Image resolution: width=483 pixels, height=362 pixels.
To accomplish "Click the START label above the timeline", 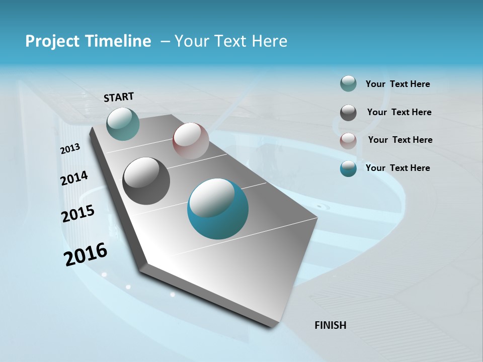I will pos(119,97).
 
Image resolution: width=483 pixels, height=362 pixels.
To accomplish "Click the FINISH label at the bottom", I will pos(331,325).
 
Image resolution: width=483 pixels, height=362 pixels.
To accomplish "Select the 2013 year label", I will pos(70,149).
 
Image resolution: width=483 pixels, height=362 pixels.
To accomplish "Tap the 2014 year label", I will pos(74,178).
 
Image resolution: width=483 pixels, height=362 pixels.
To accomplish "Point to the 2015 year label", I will pos(78,213).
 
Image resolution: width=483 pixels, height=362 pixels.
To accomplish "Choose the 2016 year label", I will pos(86,254).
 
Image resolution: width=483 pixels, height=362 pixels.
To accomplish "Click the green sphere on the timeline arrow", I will pos(123,124).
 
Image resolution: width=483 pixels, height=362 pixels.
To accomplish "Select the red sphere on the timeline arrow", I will pos(191,141).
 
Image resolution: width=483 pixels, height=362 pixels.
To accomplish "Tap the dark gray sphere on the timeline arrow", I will pos(146,181).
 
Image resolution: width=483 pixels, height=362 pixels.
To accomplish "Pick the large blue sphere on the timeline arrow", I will pos(218,209).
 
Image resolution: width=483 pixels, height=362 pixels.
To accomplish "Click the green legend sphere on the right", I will pos(348,84).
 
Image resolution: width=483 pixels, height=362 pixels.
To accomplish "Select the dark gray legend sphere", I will pos(348,113).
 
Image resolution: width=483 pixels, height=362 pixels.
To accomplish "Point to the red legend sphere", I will pos(348,141).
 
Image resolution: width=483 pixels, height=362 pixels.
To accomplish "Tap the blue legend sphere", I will pos(348,168).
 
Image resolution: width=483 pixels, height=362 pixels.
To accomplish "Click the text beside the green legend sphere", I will pos(397,84).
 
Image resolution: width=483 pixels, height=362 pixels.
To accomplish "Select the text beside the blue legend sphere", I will pos(397,168).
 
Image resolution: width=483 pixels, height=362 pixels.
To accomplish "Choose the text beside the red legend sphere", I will pos(400,140).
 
